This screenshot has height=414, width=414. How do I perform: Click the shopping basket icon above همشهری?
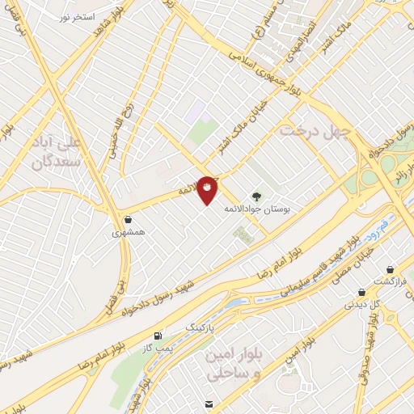(x=128, y=219)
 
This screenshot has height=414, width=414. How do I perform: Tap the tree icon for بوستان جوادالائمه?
(x=256, y=196)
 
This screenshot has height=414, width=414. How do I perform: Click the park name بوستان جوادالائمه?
(x=272, y=209)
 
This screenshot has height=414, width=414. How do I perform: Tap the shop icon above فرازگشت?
(x=391, y=269)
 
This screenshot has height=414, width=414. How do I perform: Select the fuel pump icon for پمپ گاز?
(x=156, y=334)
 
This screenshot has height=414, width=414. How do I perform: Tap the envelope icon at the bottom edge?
(x=209, y=403)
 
